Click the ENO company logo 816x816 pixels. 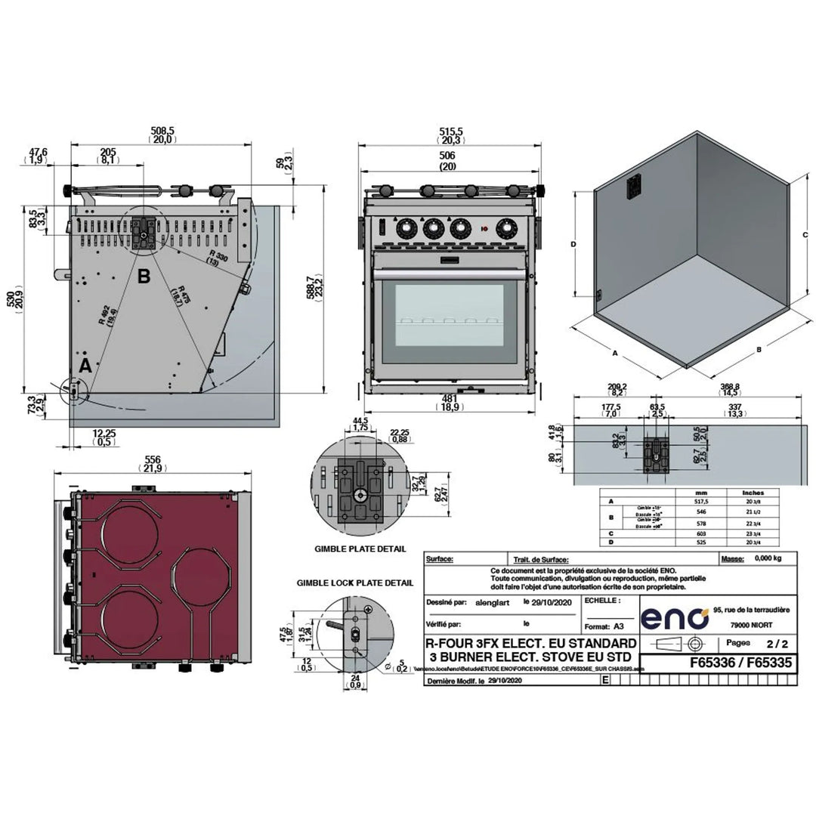click(675, 618)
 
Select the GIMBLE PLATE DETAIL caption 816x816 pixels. click(360, 549)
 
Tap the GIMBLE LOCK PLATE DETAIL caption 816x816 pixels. click(354, 583)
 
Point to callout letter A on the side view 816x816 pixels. click(85, 365)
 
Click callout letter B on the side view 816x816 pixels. click(144, 277)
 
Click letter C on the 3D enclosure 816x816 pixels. click(805, 236)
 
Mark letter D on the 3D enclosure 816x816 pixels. click(573, 244)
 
